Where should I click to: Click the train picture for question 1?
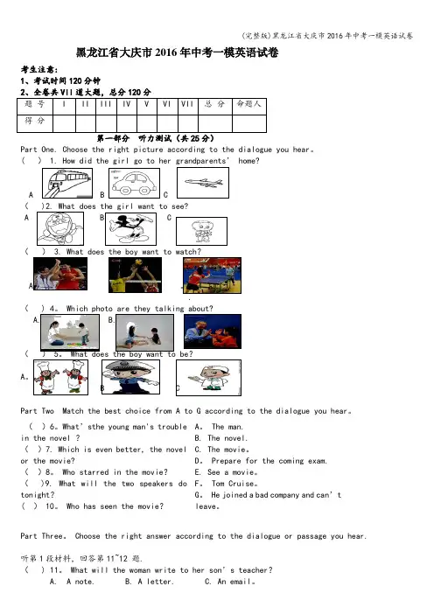click(x=67, y=184)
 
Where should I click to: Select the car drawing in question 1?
click(x=135, y=184)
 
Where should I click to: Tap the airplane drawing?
click(x=203, y=183)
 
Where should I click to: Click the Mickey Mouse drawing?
click(x=131, y=229)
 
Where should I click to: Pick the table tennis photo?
click(x=213, y=276)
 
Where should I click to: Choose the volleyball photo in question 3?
click(x=135, y=275)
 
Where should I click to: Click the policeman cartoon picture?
click(x=131, y=377)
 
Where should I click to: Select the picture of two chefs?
click(x=60, y=378)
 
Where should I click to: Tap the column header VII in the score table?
click(x=187, y=104)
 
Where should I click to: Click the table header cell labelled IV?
click(x=127, y=104)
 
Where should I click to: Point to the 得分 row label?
click(x=34, y=121)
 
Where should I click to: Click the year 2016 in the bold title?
click(x=166, y=52)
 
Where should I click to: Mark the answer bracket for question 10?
click(x=30, y=506)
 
